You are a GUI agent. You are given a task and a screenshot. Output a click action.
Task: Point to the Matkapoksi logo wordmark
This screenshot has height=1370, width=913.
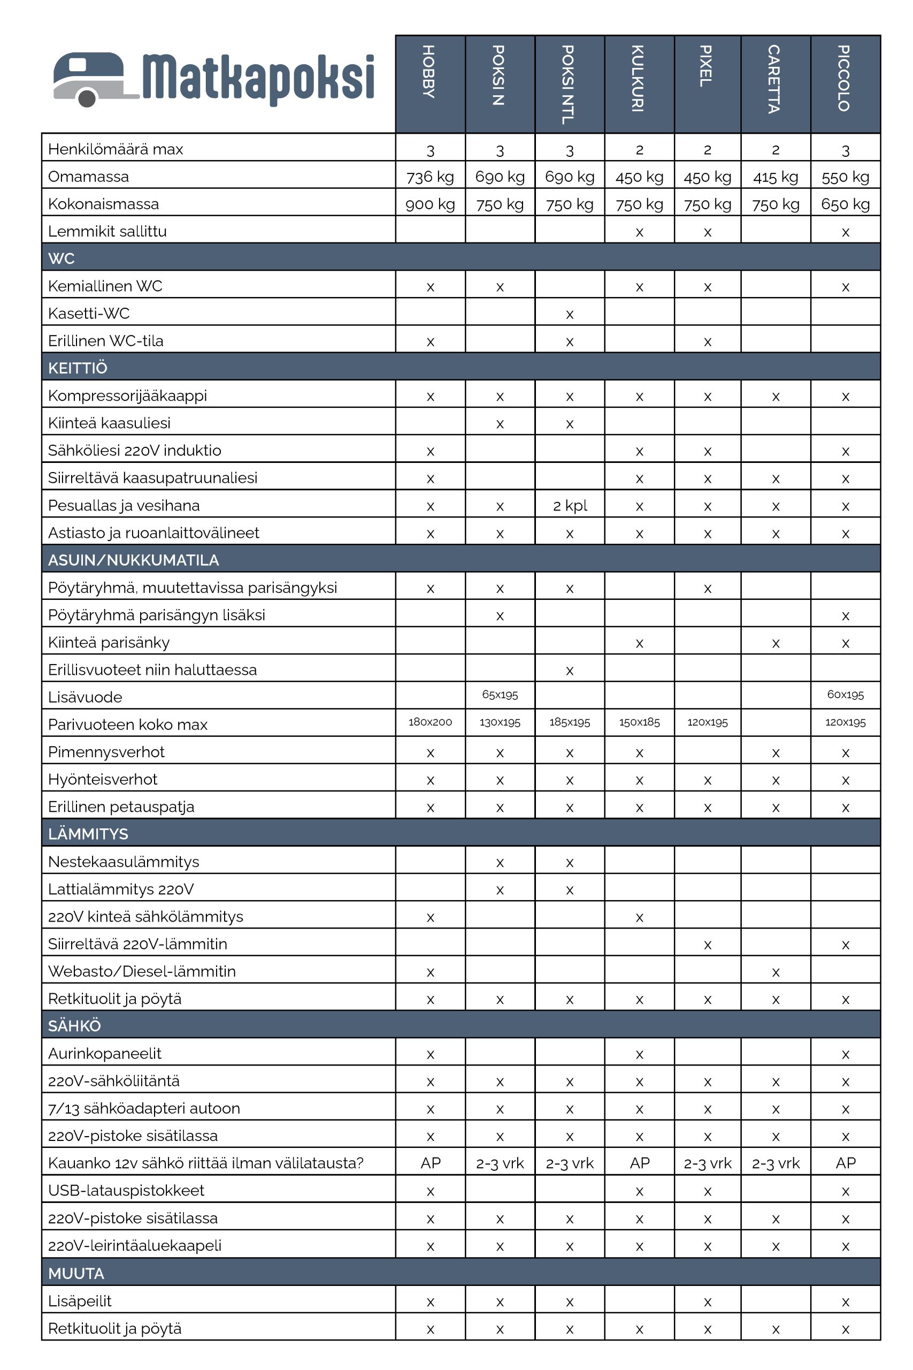tap(258, 79)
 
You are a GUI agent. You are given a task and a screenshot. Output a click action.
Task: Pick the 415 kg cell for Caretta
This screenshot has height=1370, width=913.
tap(775, 177)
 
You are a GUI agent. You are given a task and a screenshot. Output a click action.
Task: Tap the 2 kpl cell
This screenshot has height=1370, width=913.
tap(570, 505)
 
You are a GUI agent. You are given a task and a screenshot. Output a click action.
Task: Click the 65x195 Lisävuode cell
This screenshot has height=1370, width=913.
tap(500, 694)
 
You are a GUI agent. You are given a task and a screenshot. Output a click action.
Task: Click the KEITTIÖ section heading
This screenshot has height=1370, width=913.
tap(78, 368)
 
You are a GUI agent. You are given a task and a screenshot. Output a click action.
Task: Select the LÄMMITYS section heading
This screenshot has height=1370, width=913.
tap(88, 834)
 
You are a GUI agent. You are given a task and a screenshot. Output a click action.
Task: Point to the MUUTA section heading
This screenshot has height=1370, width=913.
tap(76, 1273)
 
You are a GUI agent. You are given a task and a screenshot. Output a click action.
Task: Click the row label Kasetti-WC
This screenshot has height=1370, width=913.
tap(88, 314)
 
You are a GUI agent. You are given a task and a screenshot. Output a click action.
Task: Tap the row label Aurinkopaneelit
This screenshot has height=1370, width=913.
tap(105, 1053)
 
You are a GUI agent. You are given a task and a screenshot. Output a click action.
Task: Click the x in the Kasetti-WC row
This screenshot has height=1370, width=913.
tap(570, 315)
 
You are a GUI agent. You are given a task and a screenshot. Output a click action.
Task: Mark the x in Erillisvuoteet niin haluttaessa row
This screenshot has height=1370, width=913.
tap(570, 671)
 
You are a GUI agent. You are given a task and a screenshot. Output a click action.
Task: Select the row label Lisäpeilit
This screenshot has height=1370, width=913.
tap(80, 1300)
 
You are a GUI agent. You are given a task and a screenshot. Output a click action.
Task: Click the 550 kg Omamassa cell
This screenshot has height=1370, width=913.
tap(845, 177)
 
